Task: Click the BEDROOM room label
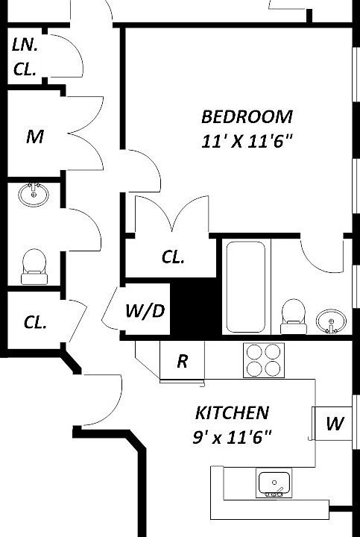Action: (247, 117)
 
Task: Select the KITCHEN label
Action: (232, 412)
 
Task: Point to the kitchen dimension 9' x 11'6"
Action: (231, 436)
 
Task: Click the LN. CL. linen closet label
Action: (25, 57)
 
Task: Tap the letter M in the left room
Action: (34, 137)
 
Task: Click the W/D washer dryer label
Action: (145, 311)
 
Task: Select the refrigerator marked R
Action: (182, 360)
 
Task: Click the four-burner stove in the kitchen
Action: (264, 360)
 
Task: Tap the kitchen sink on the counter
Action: (274, 483)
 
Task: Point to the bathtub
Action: (246, 286)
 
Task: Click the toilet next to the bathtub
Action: (293, 316)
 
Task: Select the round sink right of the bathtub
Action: (331, 321)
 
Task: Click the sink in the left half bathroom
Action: (34, 195)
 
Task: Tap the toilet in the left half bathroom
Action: (34, 266)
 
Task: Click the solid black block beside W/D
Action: (196, 307)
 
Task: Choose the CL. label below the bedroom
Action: (173, 257)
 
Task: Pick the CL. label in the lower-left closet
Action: (35, 322)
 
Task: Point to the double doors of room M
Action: (86, 134)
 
